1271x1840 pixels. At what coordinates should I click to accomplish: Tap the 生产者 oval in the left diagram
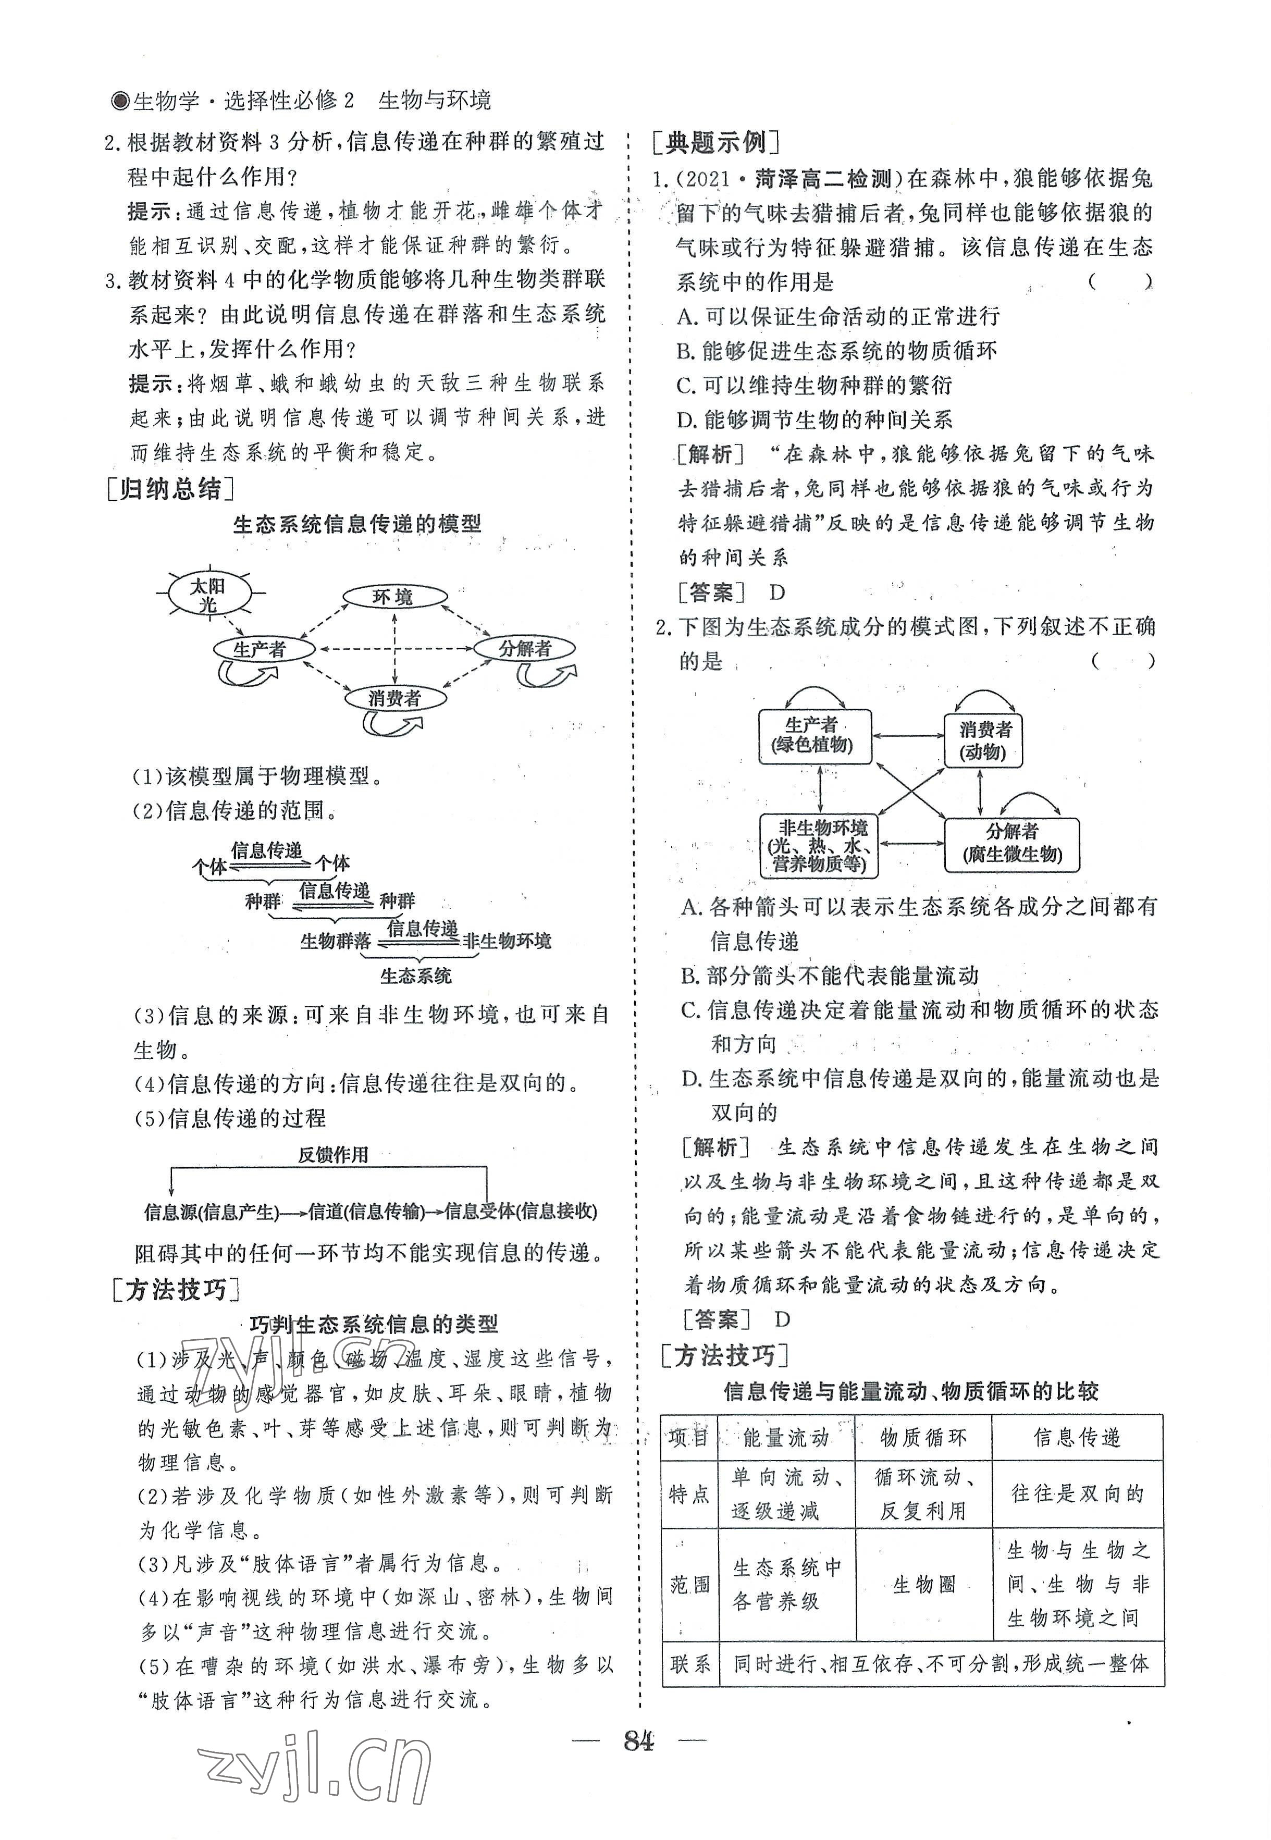tap(261, 649)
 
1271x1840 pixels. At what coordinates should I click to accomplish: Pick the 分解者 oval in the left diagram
tap(525, 648)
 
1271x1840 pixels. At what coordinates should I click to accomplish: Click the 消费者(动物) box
tap(983, 740)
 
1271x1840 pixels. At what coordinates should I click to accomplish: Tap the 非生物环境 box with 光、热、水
tap(820, 846)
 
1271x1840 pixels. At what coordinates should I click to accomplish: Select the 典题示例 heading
tap(715, 143)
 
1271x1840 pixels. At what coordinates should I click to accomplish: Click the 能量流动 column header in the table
tap(785, 1437)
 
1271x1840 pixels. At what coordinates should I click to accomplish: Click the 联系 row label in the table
tap(689, 1664)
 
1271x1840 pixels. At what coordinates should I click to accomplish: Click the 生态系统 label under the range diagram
tap(416, 976)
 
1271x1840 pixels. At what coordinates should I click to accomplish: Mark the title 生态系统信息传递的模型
tap(357, 524)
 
